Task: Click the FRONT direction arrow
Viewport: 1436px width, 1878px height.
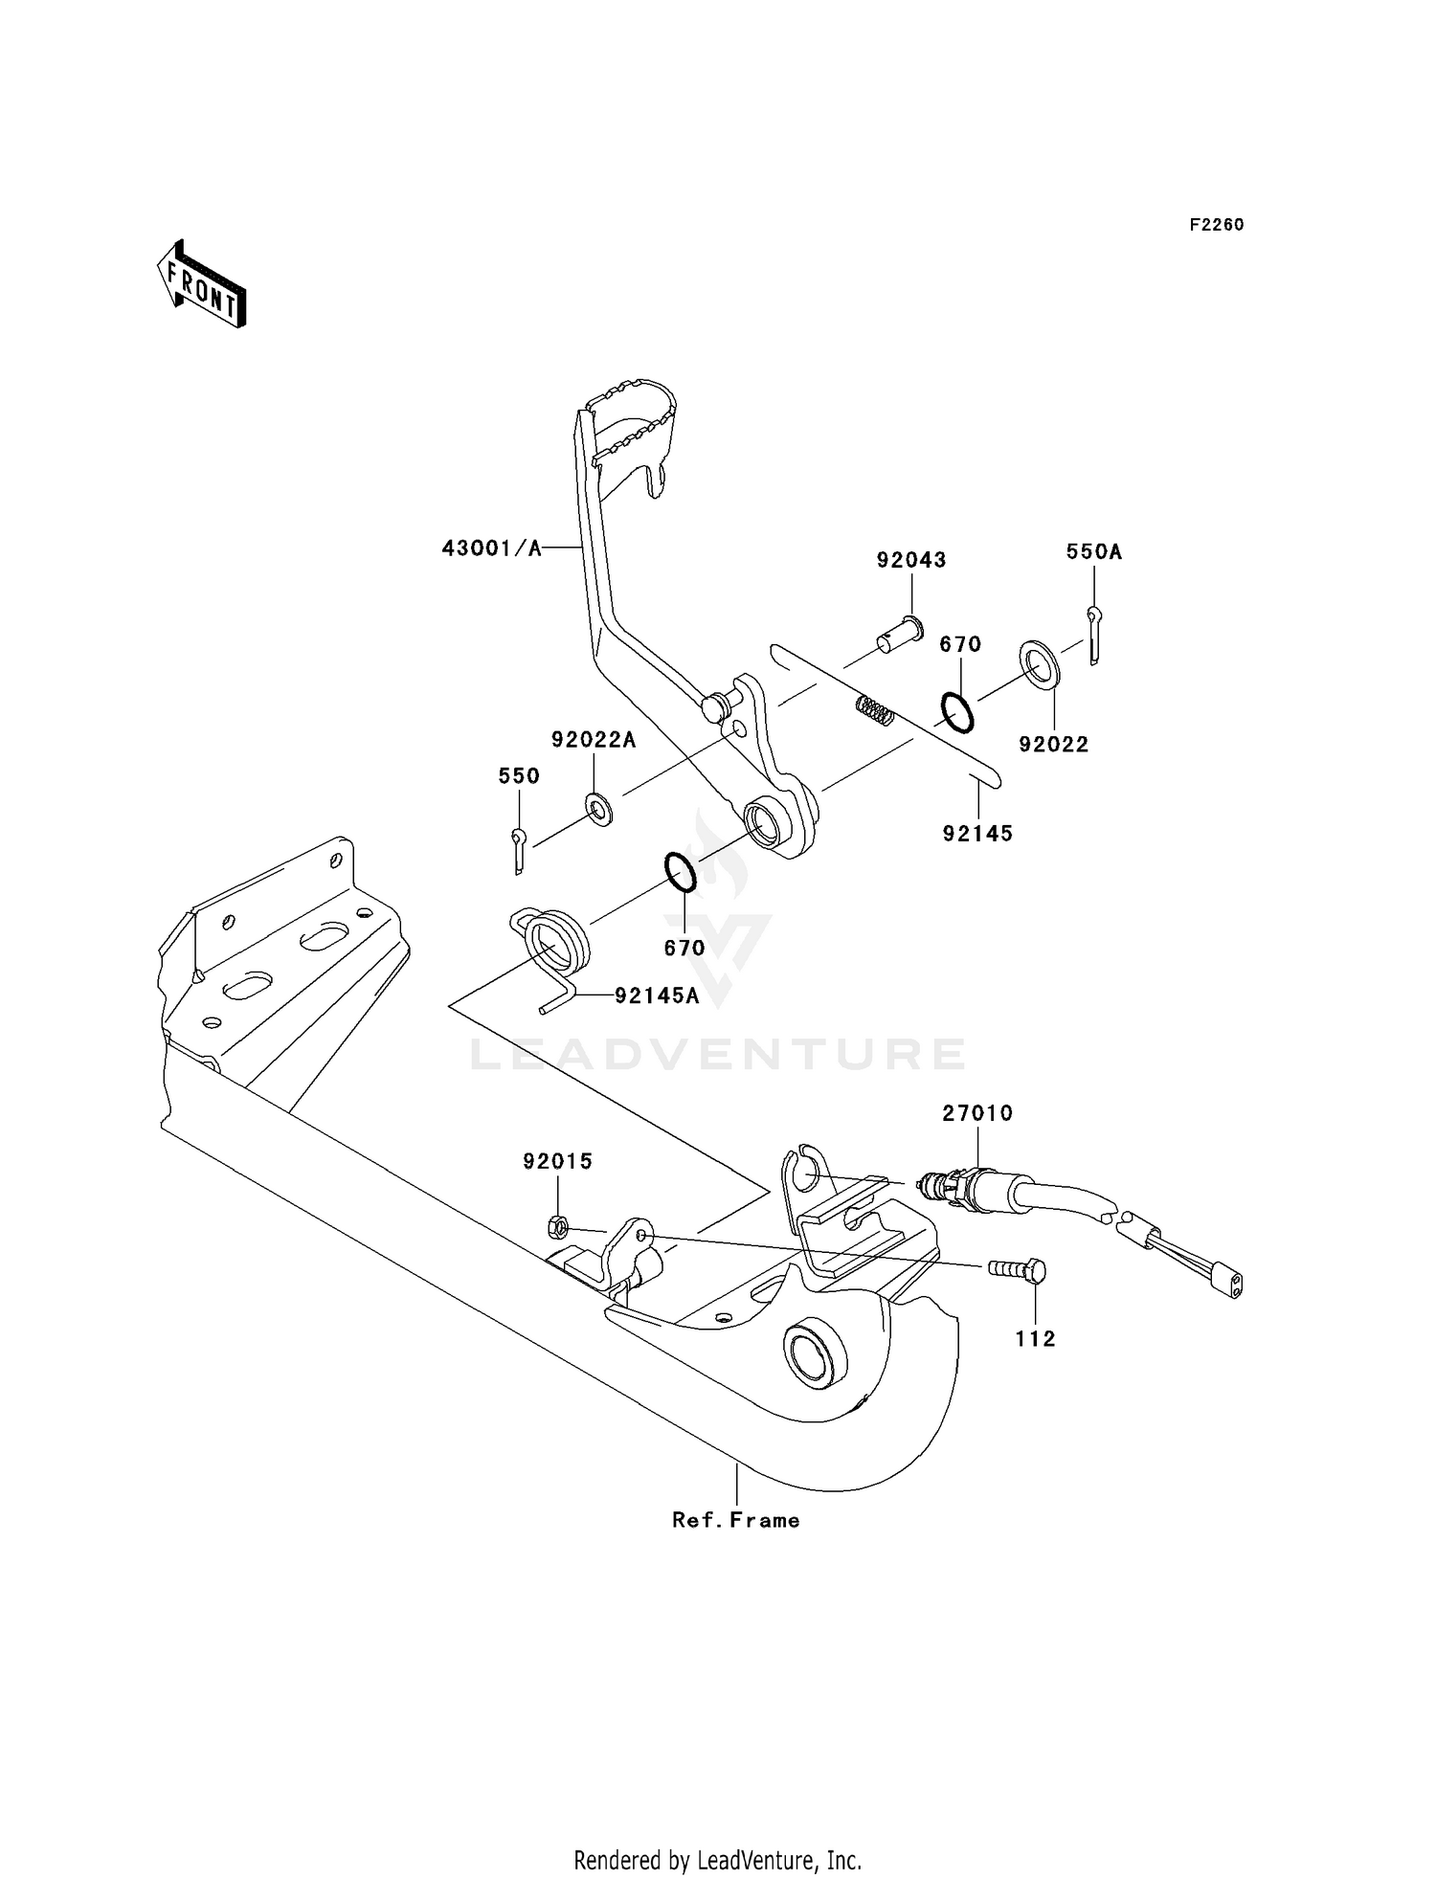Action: coord(202,285)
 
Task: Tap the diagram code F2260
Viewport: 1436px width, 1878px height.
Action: coord(1216,225)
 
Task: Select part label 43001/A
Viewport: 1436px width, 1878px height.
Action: coord(491,548)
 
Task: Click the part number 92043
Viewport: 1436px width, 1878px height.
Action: coord(910,560)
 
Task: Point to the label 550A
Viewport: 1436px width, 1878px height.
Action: coord(1093,551)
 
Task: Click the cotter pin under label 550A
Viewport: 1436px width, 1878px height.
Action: coord(1094,634)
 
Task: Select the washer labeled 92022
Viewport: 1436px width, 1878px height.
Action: coord(1039,665)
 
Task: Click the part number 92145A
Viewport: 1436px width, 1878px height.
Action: coord(656,995)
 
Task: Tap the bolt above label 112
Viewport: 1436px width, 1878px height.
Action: coord(1019,1270)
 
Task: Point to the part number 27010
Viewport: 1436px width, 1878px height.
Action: coord(977,1113)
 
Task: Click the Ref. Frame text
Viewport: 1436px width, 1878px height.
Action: coord(735,1520)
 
